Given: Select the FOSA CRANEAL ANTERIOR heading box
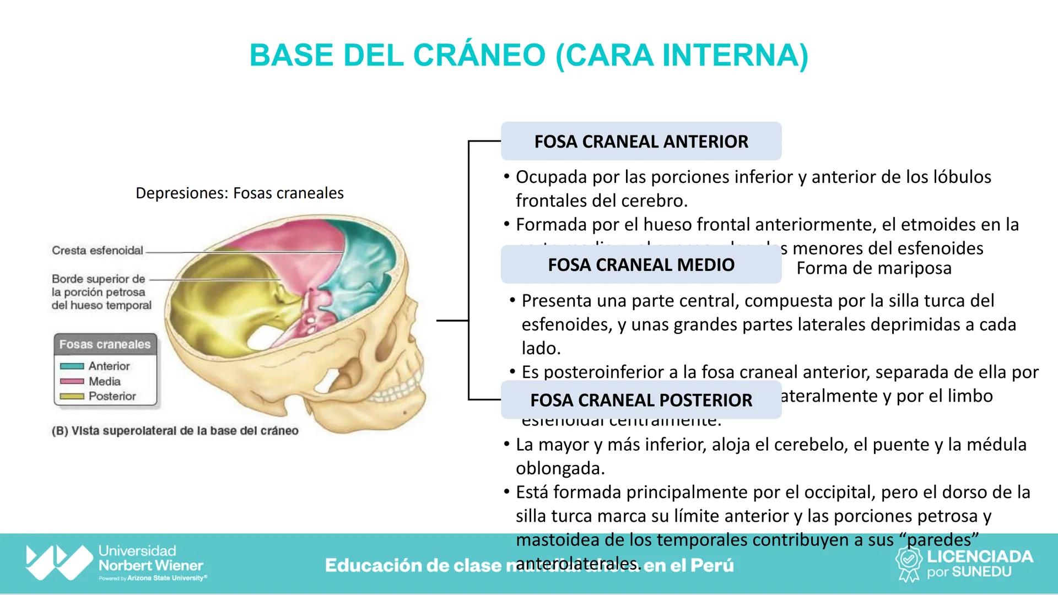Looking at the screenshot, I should tap(641, 142).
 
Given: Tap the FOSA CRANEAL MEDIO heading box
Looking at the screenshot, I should tap(641, 265).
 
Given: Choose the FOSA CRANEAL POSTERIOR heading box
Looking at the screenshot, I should tap(641, 400).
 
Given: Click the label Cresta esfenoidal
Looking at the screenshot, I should tap(98, 251).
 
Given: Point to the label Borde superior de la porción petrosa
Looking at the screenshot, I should tap(101, 292).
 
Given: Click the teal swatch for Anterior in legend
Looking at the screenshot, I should tap(72, 366).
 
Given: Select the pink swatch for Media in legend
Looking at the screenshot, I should tap(72, 381).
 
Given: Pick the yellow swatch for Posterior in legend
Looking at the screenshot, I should tap(72, 396).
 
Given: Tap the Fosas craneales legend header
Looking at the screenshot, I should tap(105, 344).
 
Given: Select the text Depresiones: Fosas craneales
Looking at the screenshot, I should tap(239, 193).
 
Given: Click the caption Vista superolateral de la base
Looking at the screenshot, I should tap(175, 431).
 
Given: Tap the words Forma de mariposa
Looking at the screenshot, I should tap(873, 268).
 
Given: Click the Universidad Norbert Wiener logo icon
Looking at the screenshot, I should tap(58, 562).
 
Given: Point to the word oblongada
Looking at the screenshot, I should tap(559, 468).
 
